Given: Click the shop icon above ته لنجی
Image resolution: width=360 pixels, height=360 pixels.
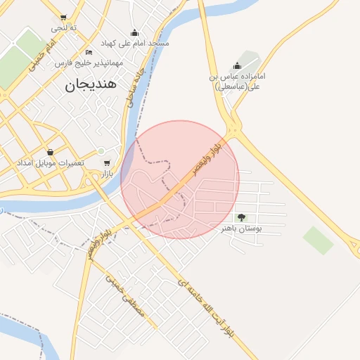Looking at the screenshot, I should coord(64,18).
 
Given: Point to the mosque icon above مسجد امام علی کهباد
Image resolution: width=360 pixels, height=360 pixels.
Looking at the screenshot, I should coord(135,33).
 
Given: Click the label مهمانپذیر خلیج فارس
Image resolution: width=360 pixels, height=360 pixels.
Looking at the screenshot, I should coord(89,63).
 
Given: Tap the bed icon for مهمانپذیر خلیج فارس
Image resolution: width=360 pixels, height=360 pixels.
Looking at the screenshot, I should coord(89,53).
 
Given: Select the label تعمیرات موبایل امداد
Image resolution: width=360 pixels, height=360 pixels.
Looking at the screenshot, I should coord(51,162).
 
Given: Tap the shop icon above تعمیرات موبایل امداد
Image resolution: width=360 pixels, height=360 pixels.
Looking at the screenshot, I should coord(50,152).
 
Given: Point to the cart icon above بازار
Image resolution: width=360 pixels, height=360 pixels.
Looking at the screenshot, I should coord(106,163).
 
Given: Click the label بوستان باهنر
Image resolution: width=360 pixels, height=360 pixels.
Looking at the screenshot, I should coord(241,229).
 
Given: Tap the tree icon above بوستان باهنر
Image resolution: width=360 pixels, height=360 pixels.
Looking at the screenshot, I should coord(241,218).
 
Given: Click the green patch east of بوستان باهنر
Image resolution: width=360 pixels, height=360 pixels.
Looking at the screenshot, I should coord(318,240).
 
